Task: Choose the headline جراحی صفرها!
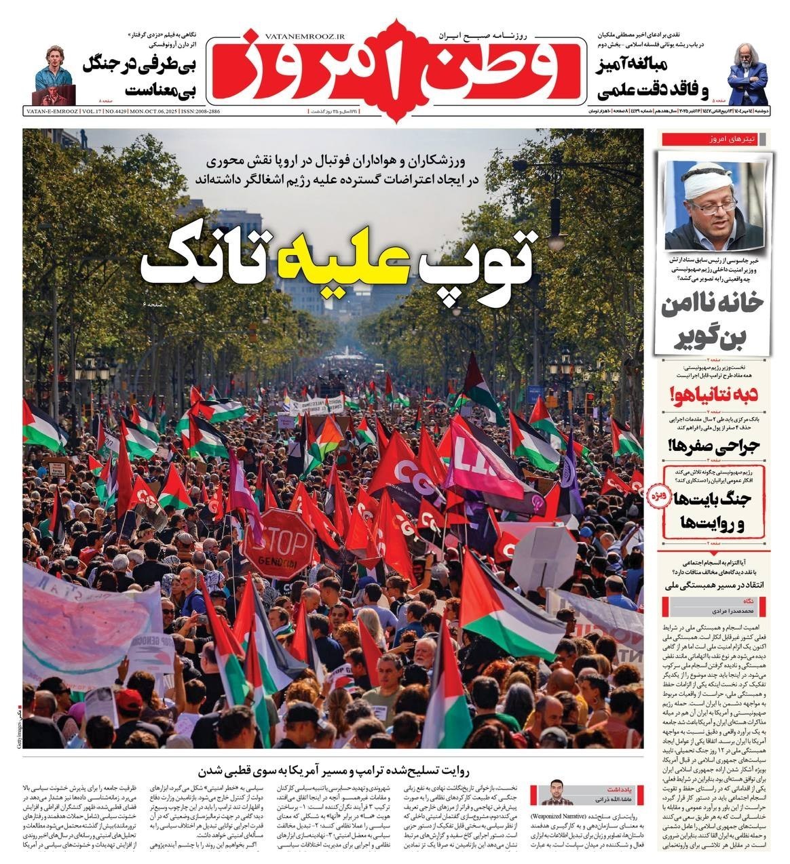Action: point(717,445)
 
